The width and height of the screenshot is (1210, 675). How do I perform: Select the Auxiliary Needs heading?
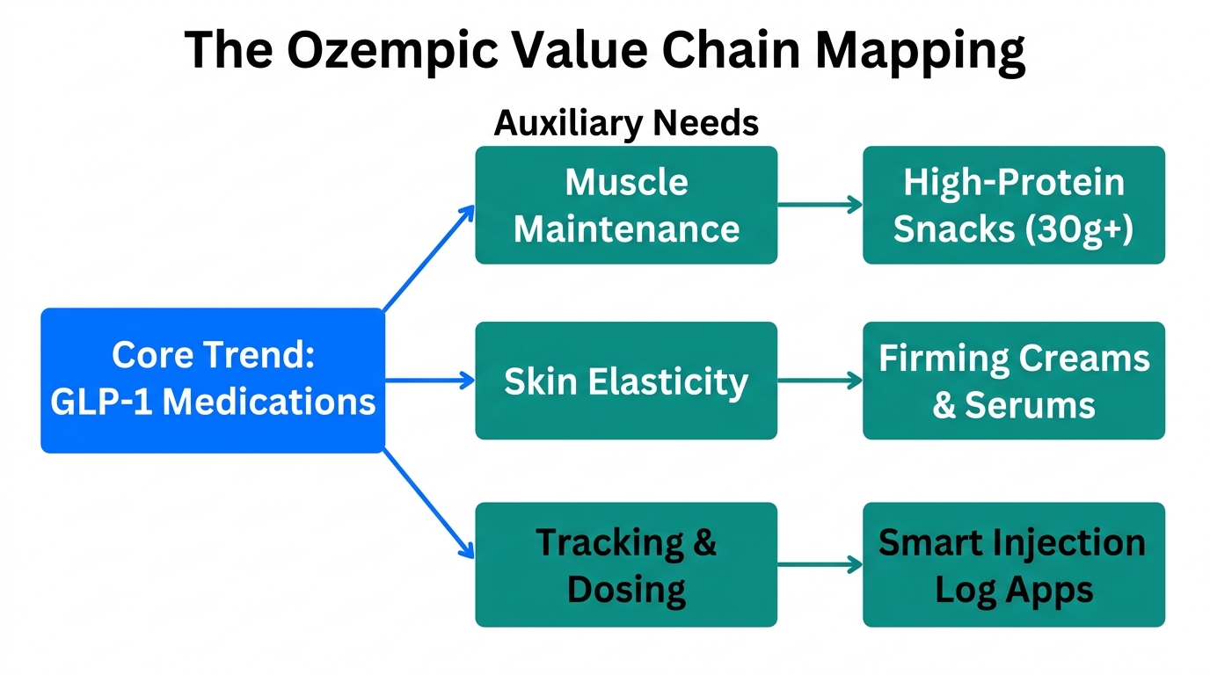pyautogui.click(x=626, y=123)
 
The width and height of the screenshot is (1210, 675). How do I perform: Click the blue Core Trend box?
pyautogui.click(x=213, y=380)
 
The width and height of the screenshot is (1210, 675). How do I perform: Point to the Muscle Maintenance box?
pyautogui.click(x=626, y=205)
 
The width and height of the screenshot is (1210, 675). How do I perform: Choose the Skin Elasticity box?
pyautogui.click(x=626, y=381)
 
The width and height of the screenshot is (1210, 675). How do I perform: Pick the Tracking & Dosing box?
pyautogui.click(x=626, y=564)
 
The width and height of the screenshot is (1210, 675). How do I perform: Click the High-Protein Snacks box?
pyautogui.click(x=1013, y=205)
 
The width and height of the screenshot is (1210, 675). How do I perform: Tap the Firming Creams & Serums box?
pyautogui.click(x=1013, y=381)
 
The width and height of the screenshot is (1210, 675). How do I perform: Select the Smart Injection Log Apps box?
pyautogui.click(x=1013, y=564)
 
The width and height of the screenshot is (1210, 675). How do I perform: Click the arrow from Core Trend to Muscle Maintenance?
pyautogui.click(x=429, y=258)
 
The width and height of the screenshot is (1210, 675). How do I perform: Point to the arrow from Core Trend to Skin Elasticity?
pyautogui.click(x=430, y=381)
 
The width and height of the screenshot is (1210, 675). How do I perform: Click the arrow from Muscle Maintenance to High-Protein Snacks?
pyautogui.click(x=820, y=205)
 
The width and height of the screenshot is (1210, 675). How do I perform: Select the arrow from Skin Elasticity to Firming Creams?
pyautogui.click(x=820, y=381)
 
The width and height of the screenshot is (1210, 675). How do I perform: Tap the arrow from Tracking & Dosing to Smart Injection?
pyautogui.click(x=820, y=564)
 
